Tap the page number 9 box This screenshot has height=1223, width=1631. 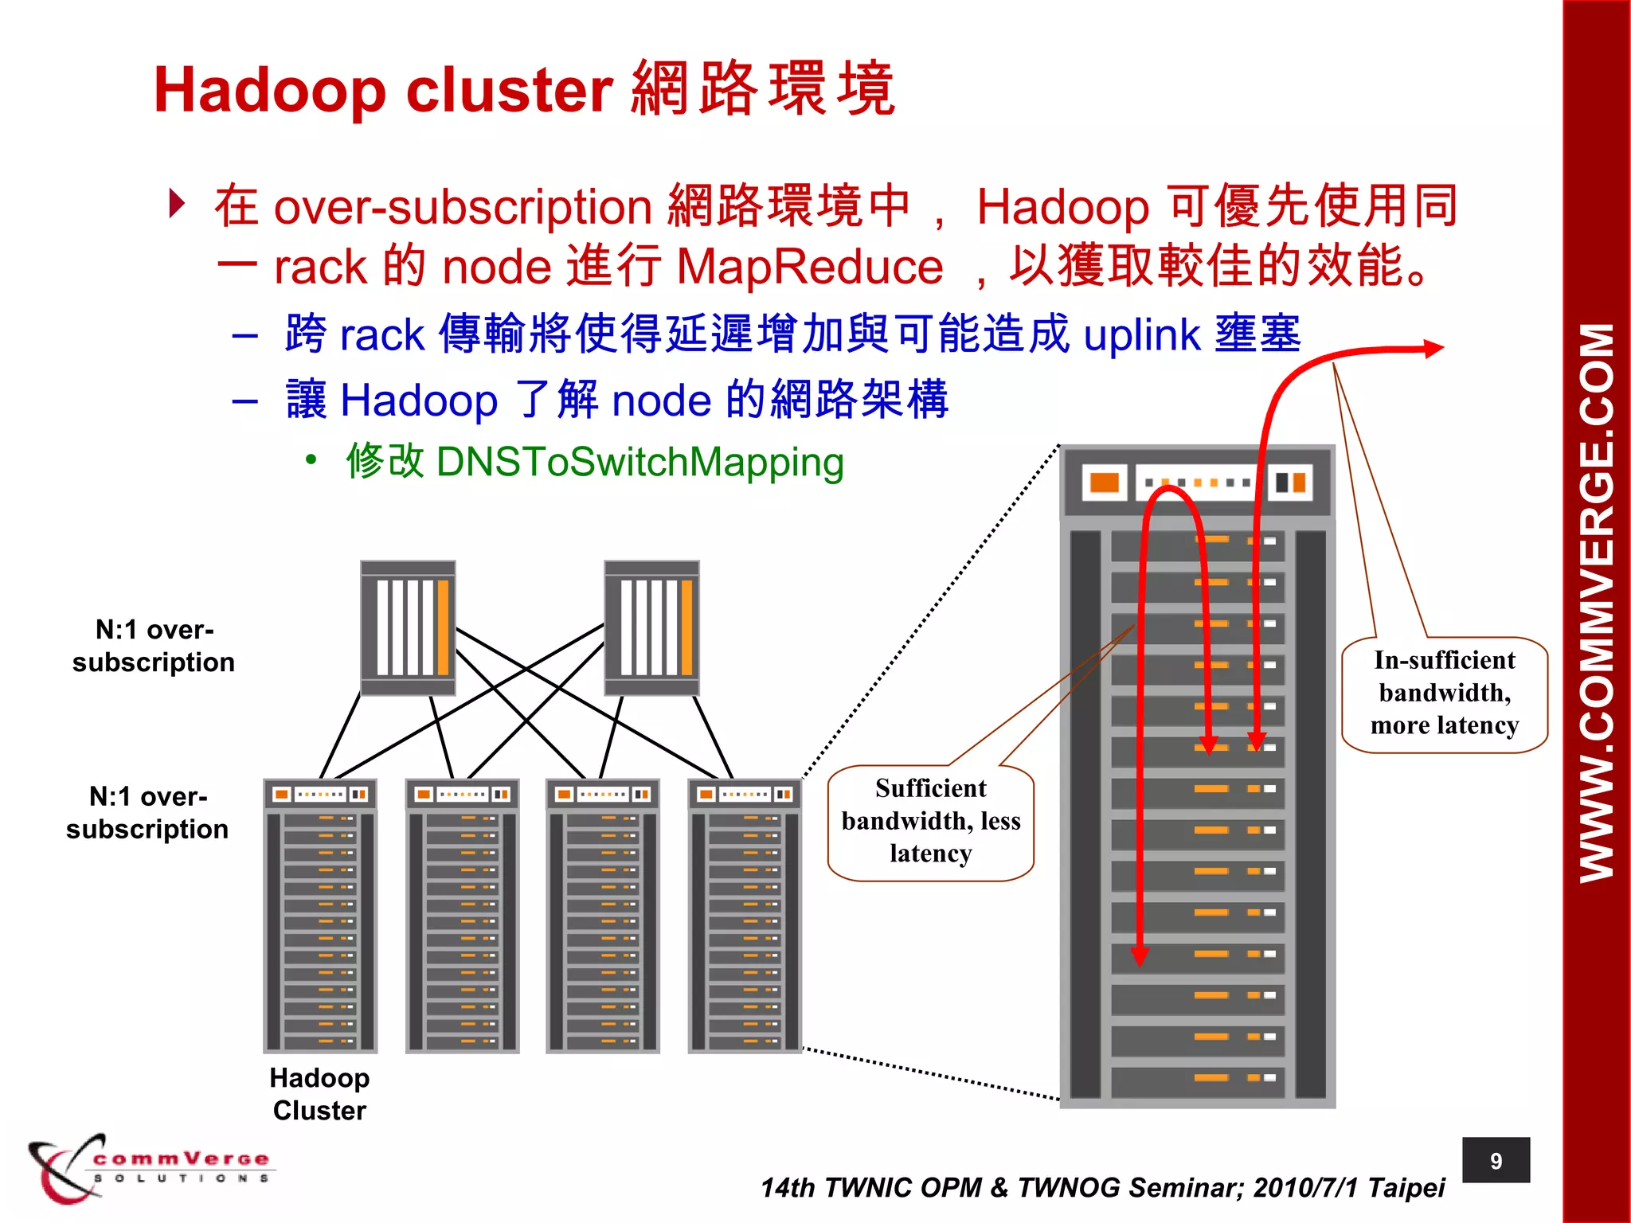click(x=1495, y=1161)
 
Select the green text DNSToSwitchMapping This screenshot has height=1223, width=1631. click(x=639, y=462)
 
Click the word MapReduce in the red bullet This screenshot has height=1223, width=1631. click(x=809, y=267)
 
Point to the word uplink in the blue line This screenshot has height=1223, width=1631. click(x=1141, y=334)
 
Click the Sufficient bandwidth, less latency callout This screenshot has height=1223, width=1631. click(x=930, y=822)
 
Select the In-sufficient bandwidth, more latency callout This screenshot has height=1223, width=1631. click(x=1444, y=694)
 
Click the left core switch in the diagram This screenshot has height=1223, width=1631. click(x=408, y=627)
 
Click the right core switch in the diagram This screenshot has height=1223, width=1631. click(x=651, y=627)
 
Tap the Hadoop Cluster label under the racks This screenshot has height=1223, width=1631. click(x=319, y=1094)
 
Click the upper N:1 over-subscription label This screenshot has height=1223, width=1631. click(x=154, y=646)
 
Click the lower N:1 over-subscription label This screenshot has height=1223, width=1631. click(x=148, y=813)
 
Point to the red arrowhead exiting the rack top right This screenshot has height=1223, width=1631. click(x=1433, y=348)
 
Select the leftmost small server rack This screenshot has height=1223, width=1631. click(x=320, y=916)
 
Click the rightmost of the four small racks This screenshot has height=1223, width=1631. click(x=745, y=916)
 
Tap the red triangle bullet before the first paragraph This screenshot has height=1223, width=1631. click(x=177, y=204)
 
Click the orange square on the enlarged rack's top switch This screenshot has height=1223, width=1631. click(x=1104, y=483)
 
